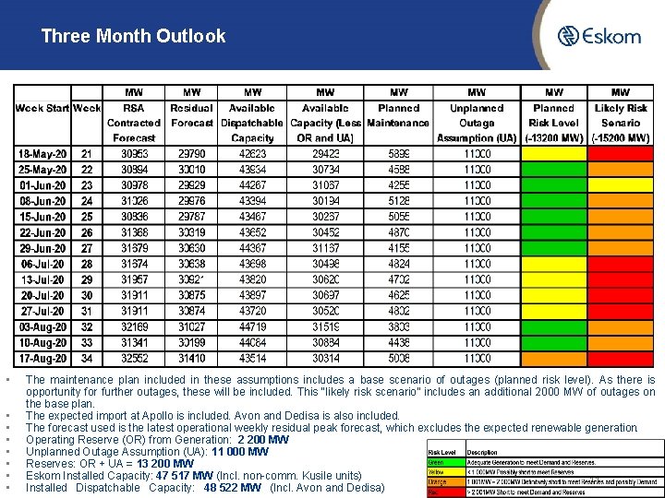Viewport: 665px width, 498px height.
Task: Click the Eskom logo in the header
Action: pyautogui.click(x=598, y=36)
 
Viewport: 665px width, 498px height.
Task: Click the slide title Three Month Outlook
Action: pyautogui.click(x=133, y=37)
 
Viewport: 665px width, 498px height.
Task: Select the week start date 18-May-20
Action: pyautogui.click(x=42, y=154)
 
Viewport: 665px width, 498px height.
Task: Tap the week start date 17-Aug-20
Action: pyautogui.click(x=42, y=358)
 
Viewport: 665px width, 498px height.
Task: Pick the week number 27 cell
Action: pyautogui.click(x=87, y=248)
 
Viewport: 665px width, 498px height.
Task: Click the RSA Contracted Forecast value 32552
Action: pyautogui.click(x=134, y=358)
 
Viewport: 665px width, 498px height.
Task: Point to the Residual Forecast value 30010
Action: pyautogui.click(x=192, y=170)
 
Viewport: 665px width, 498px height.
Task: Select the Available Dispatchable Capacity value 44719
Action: pyautogui.click(x=252, y=326)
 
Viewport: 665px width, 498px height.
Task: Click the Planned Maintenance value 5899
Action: pyautogui.click(x=399, y=154)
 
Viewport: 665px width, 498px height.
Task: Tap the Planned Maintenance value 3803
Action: pyautogui.click(x=399, y=326)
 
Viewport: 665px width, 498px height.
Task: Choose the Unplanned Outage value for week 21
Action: pyautogui.click(x=477, y=154)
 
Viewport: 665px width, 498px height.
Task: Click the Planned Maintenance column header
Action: pyautogui.click(x=399, y=114)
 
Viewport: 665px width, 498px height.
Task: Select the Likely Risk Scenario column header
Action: pyautogui.click(x=621, y=114)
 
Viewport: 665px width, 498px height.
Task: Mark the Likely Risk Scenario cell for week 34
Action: pyautogui.click(x=621, y=358)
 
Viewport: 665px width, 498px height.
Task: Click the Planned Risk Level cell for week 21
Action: pyautogui.click(x=554, y=154)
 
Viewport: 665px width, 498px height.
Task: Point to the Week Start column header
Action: pyautogui.click(x=42, y=108)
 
